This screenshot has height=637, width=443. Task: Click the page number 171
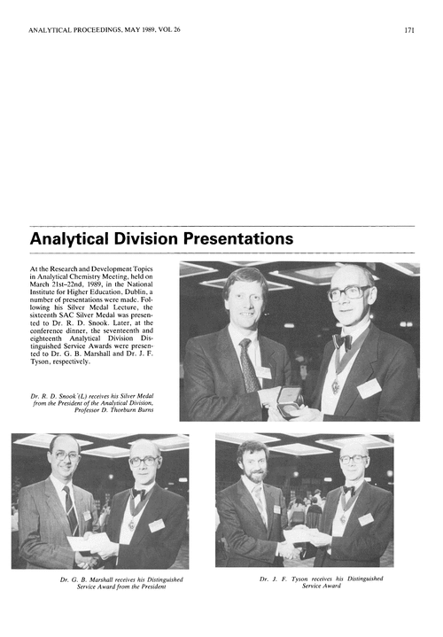pyautogui.click(x=409, y=29)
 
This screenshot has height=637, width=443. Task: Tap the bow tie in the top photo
pyautogui.click(x=343, y=339)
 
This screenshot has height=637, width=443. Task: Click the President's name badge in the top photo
pyautogui.click(x=369, y=387)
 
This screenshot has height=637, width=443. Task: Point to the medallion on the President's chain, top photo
pyautogui.click(x=336, y=387)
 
